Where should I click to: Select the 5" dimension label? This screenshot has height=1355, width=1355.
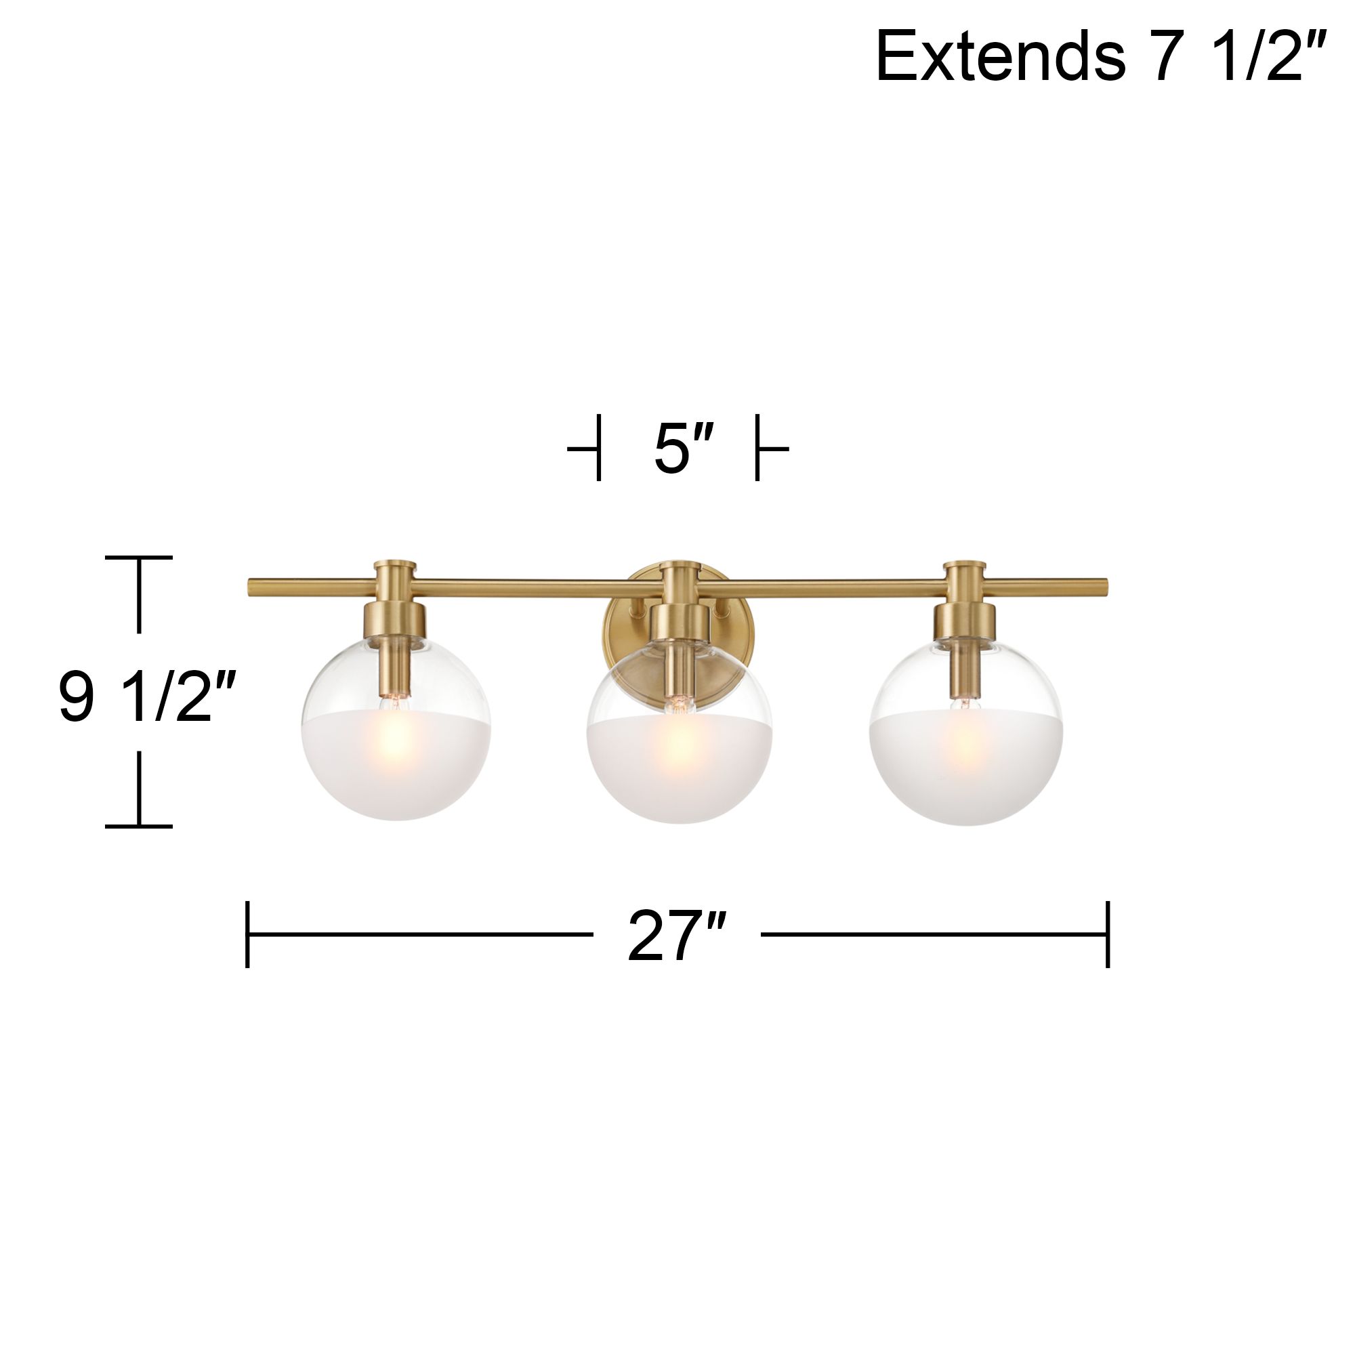pyautogui.click(x=682, y=449)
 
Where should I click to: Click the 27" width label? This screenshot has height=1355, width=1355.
pyautogui.click(x=676, y=937)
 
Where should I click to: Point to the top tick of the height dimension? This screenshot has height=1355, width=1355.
pyautogui.click(x=139, y=558)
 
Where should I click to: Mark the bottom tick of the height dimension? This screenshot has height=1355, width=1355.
pyautogui.click(x=139, y=826)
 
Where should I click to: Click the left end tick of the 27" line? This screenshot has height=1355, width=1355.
pyautogui.click(x=247, y=934)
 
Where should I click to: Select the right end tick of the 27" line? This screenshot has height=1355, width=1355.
pyautogui.click(x=1108, y=934)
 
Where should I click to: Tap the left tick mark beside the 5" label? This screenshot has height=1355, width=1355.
pyautogui.click(x=598, y=447)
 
